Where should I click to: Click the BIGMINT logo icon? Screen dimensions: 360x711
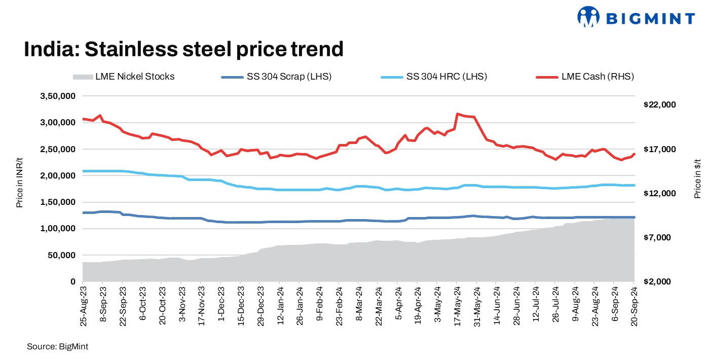588,17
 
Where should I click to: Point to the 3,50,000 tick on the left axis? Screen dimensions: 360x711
57,96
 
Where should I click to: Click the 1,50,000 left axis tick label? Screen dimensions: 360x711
57,202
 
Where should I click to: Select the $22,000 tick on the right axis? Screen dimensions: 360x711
659,104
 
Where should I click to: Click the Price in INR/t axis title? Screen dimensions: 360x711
20,180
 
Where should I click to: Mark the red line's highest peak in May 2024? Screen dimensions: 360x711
458,114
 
